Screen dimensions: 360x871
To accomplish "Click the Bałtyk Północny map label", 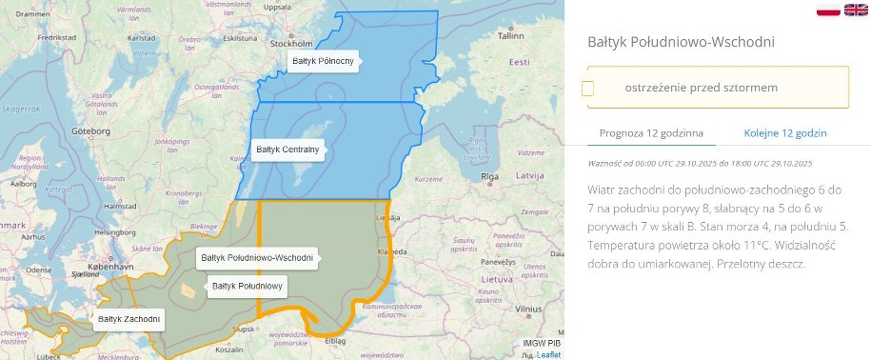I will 323,61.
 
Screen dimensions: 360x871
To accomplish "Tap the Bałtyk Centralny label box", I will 287,150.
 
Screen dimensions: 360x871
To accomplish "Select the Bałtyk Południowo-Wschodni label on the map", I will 257,258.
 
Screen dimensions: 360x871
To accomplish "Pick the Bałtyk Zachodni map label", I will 129,318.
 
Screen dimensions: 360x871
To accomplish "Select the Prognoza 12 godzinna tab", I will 651,132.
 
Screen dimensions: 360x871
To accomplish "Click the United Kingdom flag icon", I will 856,10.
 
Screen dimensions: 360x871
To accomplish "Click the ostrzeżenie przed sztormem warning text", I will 702,88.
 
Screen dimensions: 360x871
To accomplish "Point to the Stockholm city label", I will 291,44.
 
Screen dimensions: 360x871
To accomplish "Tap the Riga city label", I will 490,177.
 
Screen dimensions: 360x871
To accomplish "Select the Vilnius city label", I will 528,310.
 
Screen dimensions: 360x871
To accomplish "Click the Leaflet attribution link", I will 548,354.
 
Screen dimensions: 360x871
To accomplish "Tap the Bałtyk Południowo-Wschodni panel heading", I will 681,43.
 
